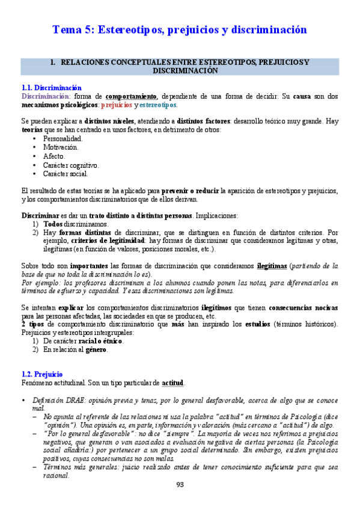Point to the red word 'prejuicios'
117,105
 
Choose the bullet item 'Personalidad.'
63,138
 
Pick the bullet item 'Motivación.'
60,147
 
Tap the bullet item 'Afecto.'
54,156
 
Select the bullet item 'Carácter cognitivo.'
71,165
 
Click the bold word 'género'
98,349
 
